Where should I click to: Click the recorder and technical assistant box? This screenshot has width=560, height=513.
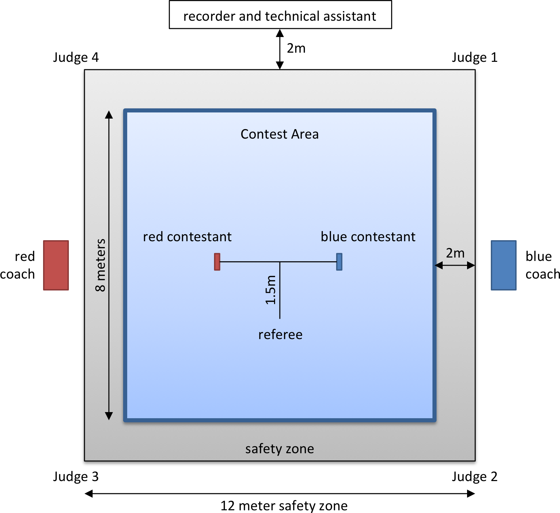tap(280, 15)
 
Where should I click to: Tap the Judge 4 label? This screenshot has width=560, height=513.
tap(76, 57)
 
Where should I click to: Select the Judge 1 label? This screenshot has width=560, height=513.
tap(475, 57)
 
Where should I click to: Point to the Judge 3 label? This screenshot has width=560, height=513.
tap(76, 477)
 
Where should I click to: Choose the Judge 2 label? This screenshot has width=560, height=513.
tap(475, 477)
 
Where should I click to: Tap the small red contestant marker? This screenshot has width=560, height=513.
tap(217, 262)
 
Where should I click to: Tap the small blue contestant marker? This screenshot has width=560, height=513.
tap(339, 262)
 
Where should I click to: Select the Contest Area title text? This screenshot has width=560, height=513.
tap(279, 134)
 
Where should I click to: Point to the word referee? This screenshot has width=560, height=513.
tap(280, 335)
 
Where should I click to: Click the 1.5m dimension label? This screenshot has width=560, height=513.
tap(271, 290)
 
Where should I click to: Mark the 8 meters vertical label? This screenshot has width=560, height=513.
tap(100, 265)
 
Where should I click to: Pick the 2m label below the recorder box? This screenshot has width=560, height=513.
tap(296, 48)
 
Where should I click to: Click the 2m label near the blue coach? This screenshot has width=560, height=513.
tap(455, 253)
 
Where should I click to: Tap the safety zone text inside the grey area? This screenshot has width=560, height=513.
tap(279, 449)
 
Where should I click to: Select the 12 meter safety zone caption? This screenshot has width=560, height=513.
tap(284, 506)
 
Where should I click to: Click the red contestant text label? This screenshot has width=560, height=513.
tap(187, 237)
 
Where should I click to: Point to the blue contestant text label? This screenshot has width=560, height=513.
tap(368, 237)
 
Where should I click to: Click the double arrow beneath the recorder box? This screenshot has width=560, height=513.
tap(280, 49)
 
